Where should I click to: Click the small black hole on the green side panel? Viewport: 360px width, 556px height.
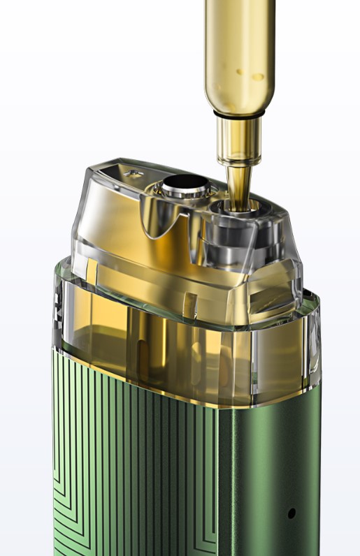(291, 513)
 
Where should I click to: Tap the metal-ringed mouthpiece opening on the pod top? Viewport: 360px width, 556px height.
(185, 186)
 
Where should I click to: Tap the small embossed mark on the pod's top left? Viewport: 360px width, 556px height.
(133, 172)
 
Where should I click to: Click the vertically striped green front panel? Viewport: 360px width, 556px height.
(133, 475)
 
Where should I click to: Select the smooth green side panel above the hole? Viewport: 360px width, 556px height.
(273, 454)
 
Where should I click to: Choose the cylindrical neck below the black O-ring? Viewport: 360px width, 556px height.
(238, 140)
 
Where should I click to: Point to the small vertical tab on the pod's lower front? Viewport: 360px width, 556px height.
(189, 304)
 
